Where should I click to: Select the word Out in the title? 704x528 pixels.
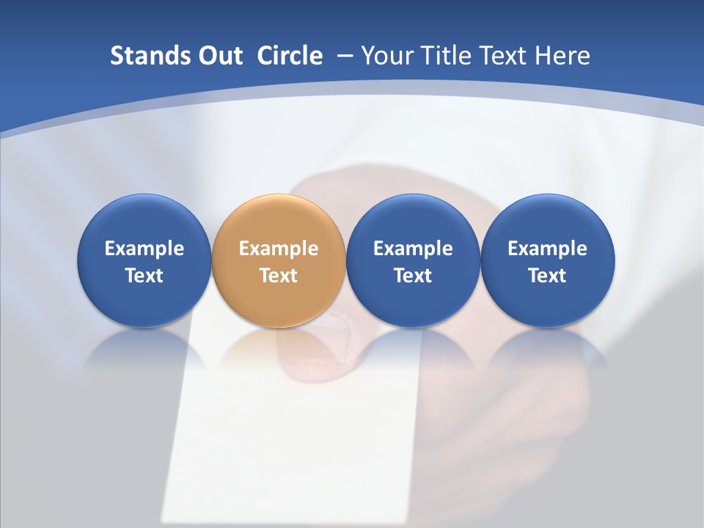(x=218, y=56)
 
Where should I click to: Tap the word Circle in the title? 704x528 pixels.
(x=290, y=56)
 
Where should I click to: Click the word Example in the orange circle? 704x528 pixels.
(x=279, y=249)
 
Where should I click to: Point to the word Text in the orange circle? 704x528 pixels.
(x=279, y=276)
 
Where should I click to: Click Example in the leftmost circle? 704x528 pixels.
(x=144, y=249)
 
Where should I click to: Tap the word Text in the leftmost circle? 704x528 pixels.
(x=144, y=276)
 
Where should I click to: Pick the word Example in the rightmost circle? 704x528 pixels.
(x=548, y=249)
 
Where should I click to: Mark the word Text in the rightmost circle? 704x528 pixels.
(x=548, y=276)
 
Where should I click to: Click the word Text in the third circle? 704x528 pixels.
(x=413, y=276)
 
